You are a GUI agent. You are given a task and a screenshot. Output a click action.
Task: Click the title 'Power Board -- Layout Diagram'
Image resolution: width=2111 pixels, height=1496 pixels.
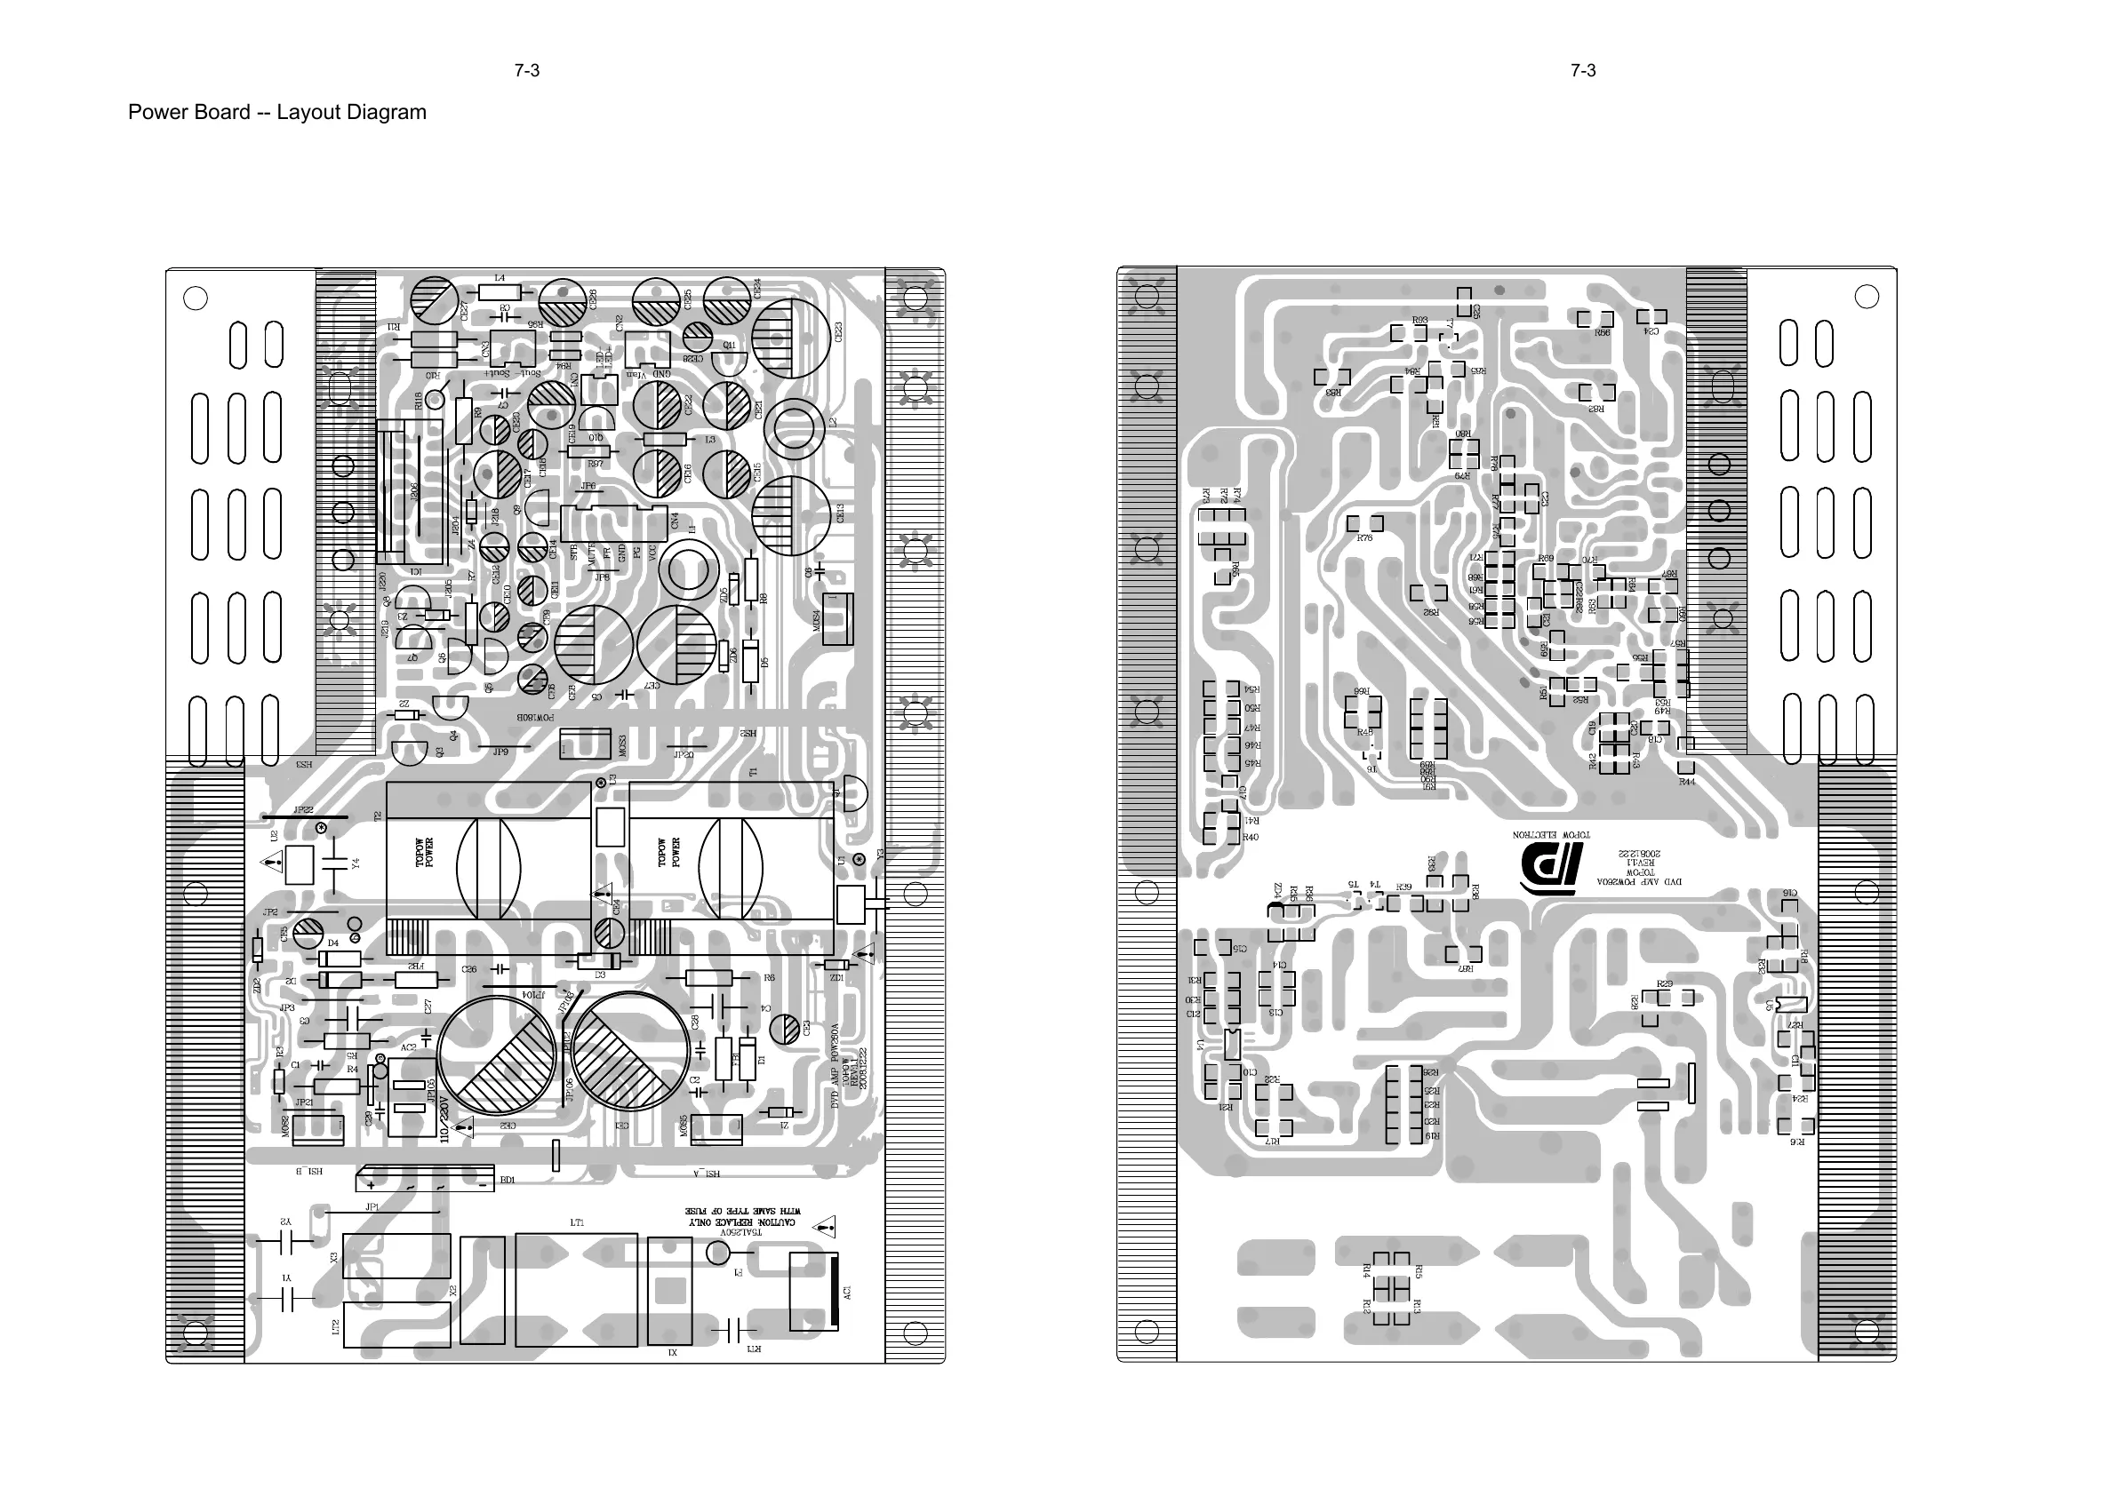[276, 113]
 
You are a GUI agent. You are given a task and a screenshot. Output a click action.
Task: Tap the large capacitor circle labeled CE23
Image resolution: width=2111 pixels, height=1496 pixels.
[790, 338]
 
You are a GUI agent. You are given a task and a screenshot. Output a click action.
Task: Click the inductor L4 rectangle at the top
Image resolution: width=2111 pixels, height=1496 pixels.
[500, 294]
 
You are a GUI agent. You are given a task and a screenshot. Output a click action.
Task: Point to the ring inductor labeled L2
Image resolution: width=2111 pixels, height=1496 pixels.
[794, 429]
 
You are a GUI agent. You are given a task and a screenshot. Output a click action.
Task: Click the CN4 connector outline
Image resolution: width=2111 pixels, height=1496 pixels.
[612, 522]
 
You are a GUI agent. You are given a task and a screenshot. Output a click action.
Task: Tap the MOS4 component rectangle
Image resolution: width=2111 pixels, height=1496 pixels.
[836, 620]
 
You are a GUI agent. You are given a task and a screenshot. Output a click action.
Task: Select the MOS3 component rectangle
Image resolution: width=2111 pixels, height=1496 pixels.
[585, 744]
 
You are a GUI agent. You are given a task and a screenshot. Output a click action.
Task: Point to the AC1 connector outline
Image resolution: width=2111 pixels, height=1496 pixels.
[814, 1292]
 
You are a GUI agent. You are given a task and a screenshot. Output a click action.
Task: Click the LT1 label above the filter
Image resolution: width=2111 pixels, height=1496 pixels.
[577, 1223]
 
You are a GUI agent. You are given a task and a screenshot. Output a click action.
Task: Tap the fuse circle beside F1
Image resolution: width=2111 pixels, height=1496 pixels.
[718, 1253]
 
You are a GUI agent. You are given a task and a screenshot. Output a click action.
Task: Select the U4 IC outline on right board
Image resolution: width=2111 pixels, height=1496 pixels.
[1231, 1045]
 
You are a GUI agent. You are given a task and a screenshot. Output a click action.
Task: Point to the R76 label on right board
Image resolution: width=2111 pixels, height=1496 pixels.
[1364, 538]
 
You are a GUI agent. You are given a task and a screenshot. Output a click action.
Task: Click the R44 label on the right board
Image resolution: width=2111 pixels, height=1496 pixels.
[1686, 782]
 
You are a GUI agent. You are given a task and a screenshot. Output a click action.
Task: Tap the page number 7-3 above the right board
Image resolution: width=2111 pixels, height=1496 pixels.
[1583, 71]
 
